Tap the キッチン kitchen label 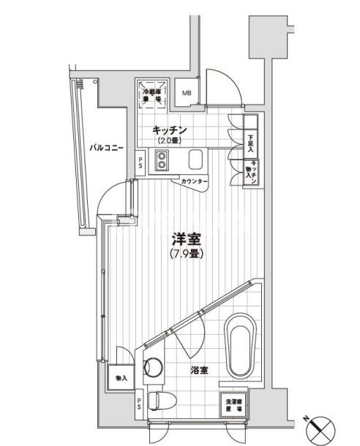pos(170,130)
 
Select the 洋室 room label pos(187,239)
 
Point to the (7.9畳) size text pos(187,254)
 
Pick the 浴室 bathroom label pos(199,371)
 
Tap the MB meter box pos(187,93)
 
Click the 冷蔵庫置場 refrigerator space pos(151,94)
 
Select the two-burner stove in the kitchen pos(161,160)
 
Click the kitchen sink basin pos(195,159)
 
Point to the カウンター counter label pos(194,181)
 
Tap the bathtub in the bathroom pos(239,345)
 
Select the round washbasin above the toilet pos(154,367)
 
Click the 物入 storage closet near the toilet pos(121,378)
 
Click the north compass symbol pos(321,425)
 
